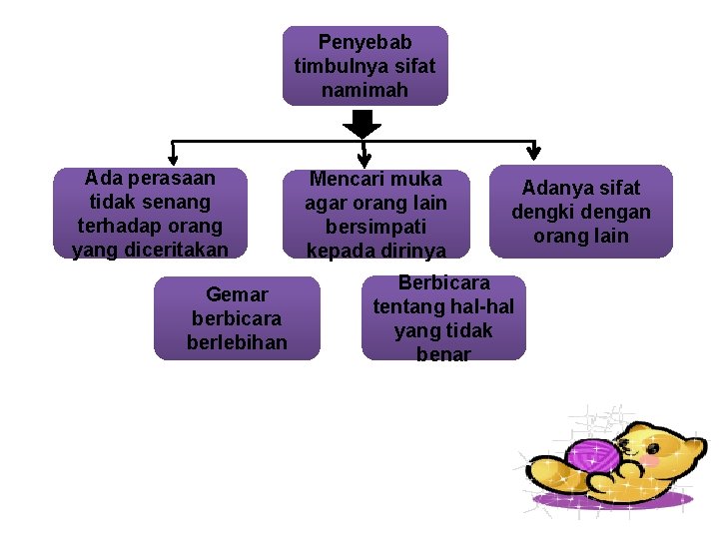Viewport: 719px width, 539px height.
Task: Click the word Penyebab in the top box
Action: (x=364, y=42)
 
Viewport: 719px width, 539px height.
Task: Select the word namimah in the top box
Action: (x=364, y=90)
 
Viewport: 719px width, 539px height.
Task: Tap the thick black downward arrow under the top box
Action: (x=362, y=124)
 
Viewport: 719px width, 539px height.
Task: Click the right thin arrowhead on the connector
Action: (x=533, y=152)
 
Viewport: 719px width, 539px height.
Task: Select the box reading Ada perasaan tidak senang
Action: (x=150, y=213)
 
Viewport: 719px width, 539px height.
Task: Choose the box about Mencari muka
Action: (x=375, y=213)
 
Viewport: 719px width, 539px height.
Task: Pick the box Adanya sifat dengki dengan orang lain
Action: (x=580, y=211)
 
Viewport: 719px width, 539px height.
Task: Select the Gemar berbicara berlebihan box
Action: (x=237, y=318)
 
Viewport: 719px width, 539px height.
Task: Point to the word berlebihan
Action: (x=237, y=342)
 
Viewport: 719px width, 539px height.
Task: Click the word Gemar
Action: (x=237, y=294)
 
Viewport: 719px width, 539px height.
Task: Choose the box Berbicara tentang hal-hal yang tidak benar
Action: (x=442, y=317)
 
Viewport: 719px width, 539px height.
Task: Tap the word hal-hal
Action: (x=481, y=306)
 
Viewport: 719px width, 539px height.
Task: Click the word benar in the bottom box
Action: (x=442, y=353)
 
